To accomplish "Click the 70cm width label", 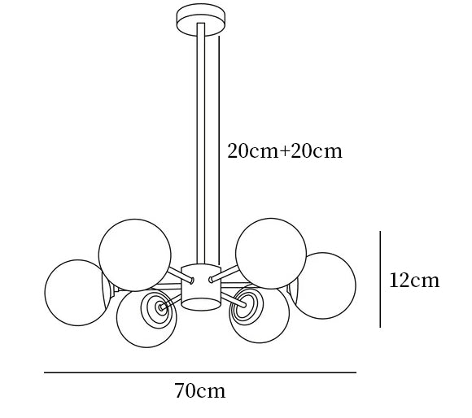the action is tap(200, 391).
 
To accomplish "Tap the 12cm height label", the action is tap(414, 281).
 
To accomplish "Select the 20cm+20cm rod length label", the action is tap(285, 150).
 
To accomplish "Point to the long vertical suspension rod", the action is tap(201, 144).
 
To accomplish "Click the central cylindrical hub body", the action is tap(201, 287).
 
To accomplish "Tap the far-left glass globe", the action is tap(77, 293).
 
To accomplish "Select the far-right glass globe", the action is tap(325, 285).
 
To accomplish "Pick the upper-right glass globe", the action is tap(271, 254).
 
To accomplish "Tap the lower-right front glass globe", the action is tap(260, 315).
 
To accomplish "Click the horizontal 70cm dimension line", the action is tap(200, 372).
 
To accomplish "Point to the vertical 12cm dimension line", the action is tap(380, 279).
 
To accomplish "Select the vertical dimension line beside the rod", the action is tap(219, 150).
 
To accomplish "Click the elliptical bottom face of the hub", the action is tap(201, 304).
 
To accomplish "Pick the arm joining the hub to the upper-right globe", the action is tap(225, 274).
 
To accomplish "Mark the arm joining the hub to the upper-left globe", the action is tap(180, 275).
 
